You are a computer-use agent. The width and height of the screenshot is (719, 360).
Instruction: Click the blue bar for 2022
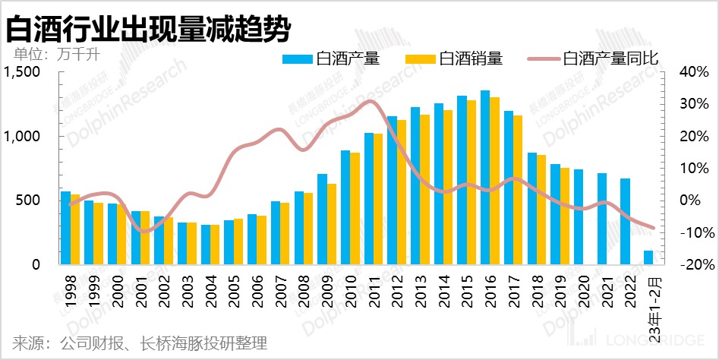click(x=625, y=222)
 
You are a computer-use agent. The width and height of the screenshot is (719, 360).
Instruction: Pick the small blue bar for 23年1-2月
click(x=648, y=258)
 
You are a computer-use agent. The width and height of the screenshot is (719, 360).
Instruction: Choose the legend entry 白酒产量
click(x=331, y=58)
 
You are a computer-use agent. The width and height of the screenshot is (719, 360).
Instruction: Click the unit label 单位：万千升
click(x=57, y=55)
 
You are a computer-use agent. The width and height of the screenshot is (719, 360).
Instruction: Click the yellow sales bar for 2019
click(x=565, y=216)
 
